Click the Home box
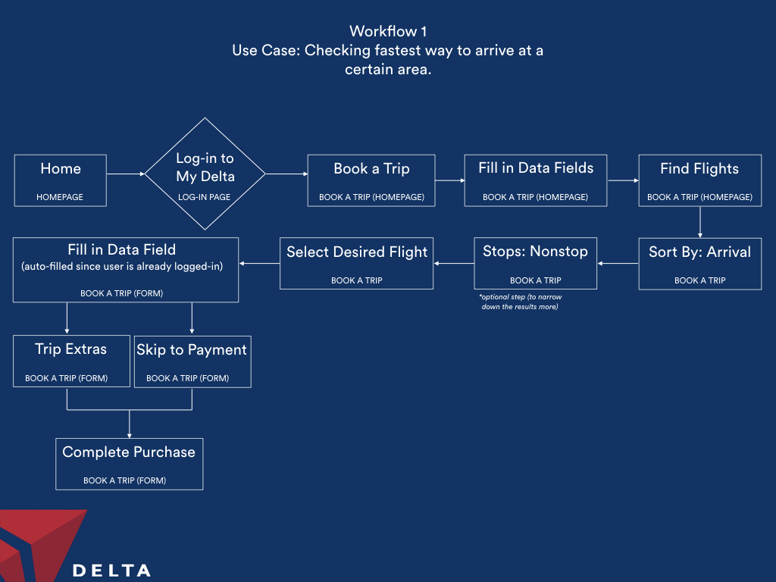coord(61,180)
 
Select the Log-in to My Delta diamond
coord(205,174)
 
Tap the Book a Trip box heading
coord(371,169)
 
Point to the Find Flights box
coord(699,180)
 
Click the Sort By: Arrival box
coord(699,264)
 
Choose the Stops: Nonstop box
coord(536,263)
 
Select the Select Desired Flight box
coord(356,263)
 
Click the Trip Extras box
coord(72,361)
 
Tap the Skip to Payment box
coord(192,361)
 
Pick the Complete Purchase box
coord(129,465)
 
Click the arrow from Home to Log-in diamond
coord(126,174)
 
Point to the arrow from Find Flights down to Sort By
coord(699,222)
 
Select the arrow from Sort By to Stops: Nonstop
coord(618,263)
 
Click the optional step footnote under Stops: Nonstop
coord(520,302)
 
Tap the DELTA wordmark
coord(111,571)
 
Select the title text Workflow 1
coord(388,31)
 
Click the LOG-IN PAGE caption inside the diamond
coord(204,197)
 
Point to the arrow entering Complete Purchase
coord(129,424)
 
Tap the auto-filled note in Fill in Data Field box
coord(122,266)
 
